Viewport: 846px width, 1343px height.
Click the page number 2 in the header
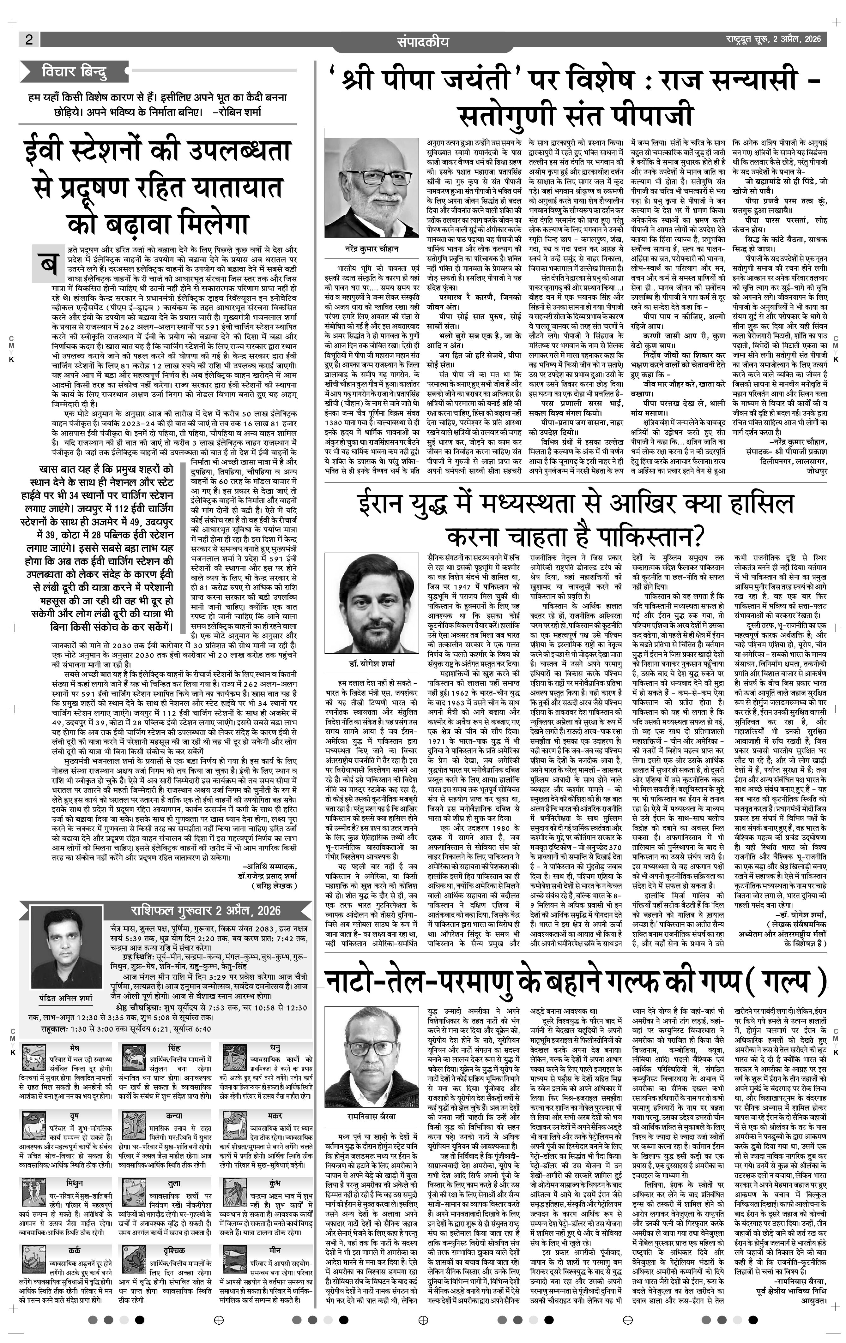coord(29,39)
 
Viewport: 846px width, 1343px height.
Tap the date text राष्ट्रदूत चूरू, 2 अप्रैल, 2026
coord(772,39)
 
